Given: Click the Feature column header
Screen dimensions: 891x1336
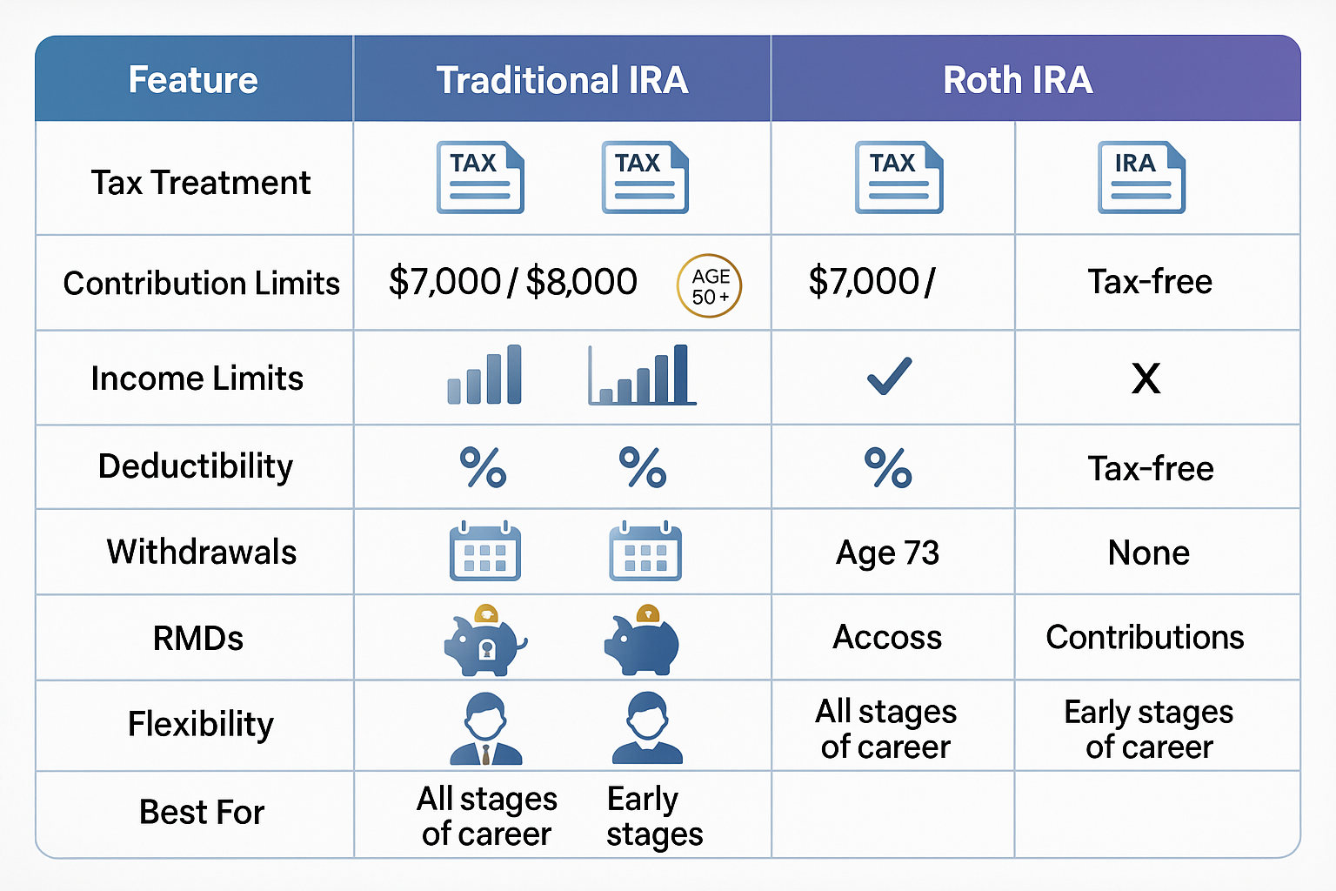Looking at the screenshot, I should [193, 80].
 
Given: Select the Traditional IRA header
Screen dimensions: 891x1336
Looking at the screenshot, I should [562, 80].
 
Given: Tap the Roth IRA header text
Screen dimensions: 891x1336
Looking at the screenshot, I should [1018, 80].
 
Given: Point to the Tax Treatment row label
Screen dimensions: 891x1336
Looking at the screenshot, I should [200, 183].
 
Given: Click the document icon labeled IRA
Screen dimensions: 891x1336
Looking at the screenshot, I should [1141, 178].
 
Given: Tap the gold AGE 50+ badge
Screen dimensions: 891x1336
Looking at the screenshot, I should [709, 285].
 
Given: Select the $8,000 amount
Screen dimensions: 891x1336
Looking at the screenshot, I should [581, 282].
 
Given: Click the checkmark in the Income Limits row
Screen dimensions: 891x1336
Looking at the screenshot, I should [889, 376].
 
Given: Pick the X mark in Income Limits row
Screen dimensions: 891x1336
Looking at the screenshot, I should [1146, 379].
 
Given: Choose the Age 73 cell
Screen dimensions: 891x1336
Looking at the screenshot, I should [887, 553].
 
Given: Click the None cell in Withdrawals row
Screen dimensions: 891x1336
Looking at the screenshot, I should [1148, 553].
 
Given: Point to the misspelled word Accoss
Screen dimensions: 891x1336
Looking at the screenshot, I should [887, 637].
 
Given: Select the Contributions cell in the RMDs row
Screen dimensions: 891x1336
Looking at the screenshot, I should [1145, 637].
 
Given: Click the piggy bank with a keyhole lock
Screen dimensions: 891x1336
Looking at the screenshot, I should [484, 641].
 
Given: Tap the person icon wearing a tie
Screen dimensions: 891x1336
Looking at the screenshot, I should [485, 728].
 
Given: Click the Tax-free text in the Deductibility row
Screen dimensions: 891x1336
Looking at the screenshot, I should [1150, 468].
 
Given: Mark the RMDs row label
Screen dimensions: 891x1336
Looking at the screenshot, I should [198, 639].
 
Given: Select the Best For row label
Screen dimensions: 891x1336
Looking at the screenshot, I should [202, 812].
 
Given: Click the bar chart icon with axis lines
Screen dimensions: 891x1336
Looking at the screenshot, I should [642, 375].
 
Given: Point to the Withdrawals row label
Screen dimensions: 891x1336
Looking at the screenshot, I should [202, 552].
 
